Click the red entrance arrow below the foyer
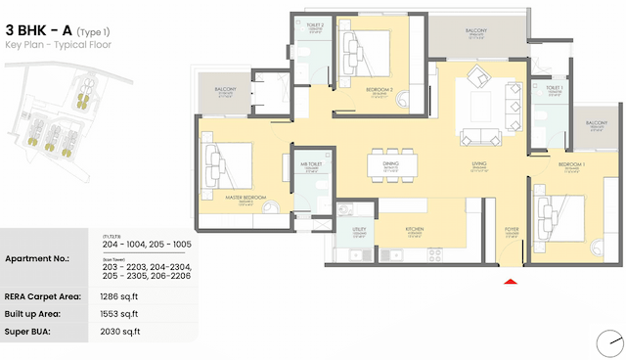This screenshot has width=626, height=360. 510,283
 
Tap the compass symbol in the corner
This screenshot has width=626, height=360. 609,343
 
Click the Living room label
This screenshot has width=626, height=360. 479,164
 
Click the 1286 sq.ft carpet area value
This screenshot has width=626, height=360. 120,294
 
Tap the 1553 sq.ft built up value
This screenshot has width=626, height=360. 120,313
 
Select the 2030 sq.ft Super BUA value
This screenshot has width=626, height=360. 120,333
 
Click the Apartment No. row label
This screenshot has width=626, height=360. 38,258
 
